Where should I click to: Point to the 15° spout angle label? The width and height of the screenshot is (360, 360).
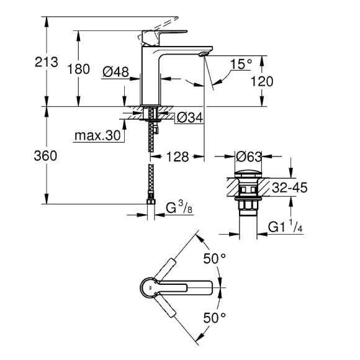241,64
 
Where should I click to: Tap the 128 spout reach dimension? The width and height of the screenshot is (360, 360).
176,158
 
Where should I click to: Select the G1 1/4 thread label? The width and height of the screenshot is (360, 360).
286,228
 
